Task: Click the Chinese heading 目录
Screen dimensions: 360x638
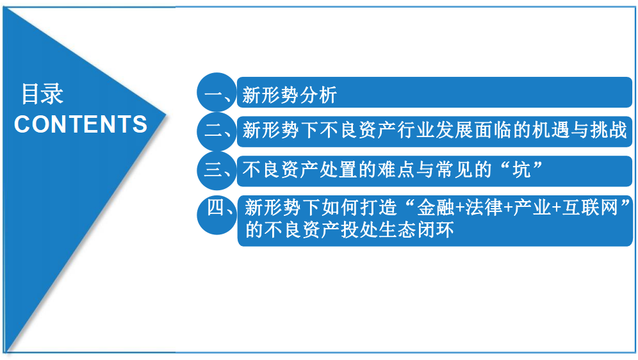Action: tap(43, 94)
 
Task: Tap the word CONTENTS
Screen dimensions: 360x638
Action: tap(81, 124)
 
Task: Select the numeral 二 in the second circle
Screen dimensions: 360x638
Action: tap(212, 132)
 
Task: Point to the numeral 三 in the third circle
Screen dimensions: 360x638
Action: tap(212, 169)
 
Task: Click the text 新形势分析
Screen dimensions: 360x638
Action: tap(290, 96)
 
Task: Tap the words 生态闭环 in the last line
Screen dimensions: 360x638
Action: tap(416, 229)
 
